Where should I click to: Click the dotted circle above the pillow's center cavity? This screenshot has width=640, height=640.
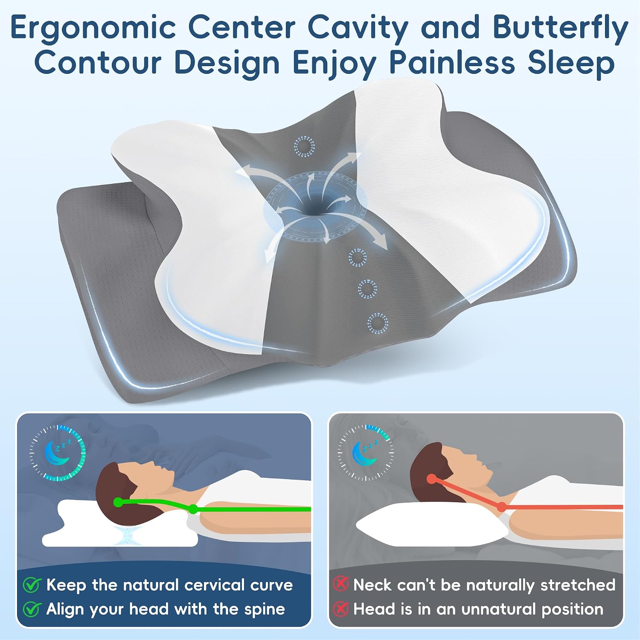[x=304, y=146]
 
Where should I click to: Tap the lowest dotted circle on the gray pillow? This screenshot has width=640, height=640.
[x=378, y=323]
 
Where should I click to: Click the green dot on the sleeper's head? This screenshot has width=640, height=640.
[x=118, y=503]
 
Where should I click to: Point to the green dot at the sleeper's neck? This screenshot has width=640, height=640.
[x=193, y=509]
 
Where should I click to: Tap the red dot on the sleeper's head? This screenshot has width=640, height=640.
[x=432, y=479]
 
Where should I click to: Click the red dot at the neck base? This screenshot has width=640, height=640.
[x=502, y=507]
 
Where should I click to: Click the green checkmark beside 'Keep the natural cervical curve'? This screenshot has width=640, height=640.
[x=32, y=585]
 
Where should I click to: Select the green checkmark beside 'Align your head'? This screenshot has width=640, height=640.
[x=32, y=609]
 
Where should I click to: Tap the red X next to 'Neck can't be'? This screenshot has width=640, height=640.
[x=340, y=584]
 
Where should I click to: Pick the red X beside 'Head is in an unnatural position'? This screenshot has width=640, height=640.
[x=340, y=608]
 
